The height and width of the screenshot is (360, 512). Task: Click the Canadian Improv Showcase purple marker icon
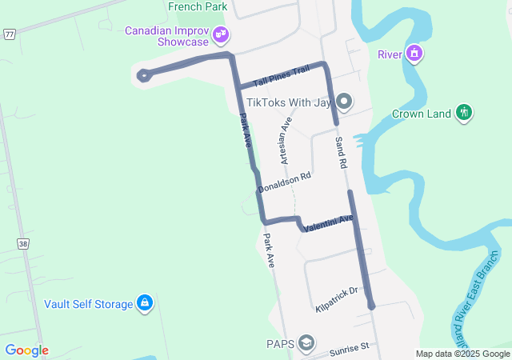coord(222,35)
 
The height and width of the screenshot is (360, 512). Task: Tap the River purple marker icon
coord(414,54)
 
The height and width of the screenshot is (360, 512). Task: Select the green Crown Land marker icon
coord(464,114)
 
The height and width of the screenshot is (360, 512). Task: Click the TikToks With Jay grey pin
coord(344,101)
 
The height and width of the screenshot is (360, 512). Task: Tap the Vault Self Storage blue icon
coord(145,303)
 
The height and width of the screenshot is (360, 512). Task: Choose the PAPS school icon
coord(306,344)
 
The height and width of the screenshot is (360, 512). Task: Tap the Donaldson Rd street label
coord(284,182)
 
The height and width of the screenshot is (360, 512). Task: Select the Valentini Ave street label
coord(328,223)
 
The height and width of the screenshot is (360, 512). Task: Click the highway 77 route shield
coord(8,34)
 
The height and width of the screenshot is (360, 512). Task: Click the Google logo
coord(26,350)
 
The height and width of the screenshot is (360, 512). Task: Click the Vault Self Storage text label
coord(88,304)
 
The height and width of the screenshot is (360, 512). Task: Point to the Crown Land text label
coord(422,114)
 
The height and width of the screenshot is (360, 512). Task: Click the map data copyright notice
coord(462,354)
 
